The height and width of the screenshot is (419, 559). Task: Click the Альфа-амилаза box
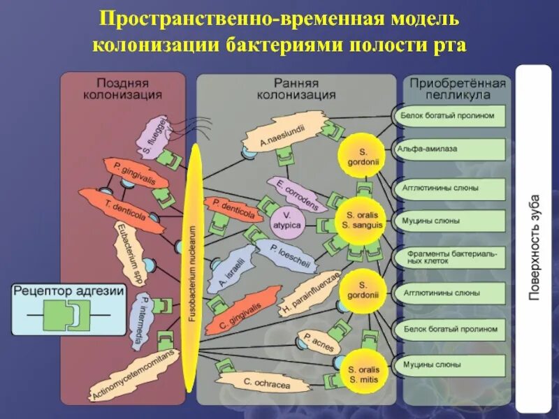click(451, 148)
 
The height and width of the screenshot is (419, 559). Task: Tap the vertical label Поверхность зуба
click(535, 244)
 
